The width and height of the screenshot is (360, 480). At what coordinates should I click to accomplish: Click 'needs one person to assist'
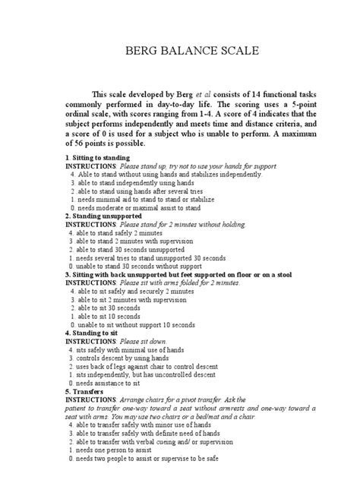(x=118, y=450)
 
